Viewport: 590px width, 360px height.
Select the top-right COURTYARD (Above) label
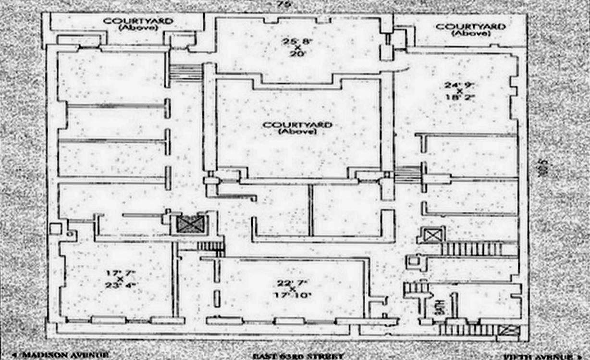click(470, 29)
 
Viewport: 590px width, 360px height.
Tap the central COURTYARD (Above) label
click(297, 128)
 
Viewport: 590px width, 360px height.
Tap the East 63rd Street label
click(298, 356)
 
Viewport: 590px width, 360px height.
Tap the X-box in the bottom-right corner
click(508, 330)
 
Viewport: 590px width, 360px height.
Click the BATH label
click(439, 308)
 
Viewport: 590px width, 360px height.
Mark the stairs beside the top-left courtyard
click(186, 73)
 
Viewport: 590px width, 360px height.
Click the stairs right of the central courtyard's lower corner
click(407, 174)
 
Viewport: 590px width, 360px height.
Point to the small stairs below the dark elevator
click(211, 246)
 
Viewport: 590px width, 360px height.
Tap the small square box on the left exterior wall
click(56, 228)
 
